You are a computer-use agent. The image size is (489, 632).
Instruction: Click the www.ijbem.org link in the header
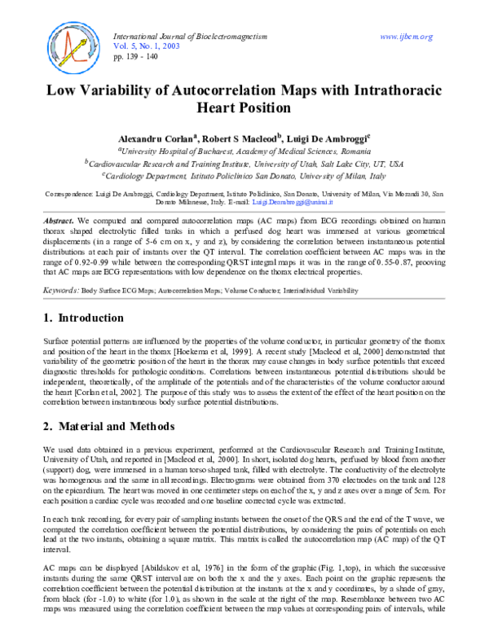click(406, 37)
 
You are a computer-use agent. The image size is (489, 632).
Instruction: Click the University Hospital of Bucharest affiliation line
click(244, 151)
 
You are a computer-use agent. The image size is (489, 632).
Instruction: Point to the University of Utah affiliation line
click(244, 163)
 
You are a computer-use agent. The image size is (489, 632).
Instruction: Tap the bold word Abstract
click(58, 222)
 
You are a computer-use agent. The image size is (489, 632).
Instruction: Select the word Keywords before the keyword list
click(60, 266)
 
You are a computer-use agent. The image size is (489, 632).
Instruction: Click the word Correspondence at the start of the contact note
click(69, 194)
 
